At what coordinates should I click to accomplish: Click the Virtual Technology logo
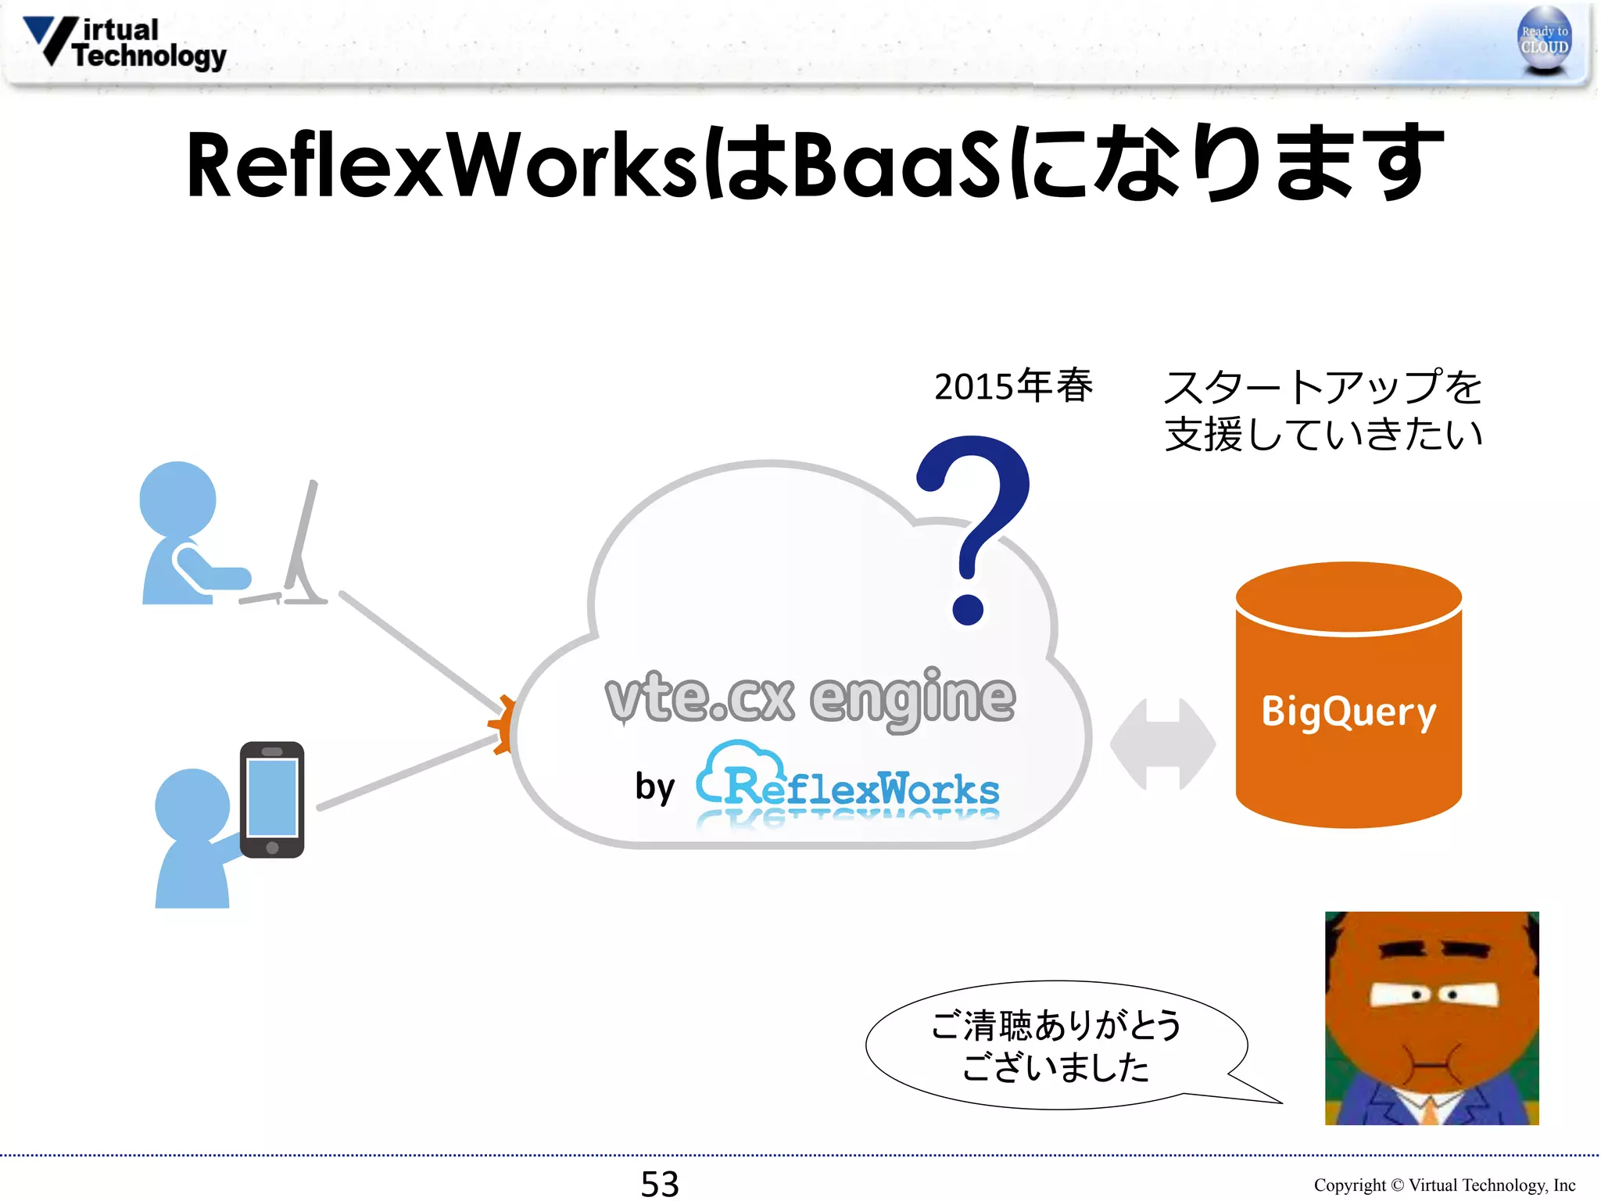pyautogui.click(x=125, y=43)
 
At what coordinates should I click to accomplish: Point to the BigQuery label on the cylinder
pyautogui.click(x=1348, y=712)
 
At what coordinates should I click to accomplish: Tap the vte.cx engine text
pyautogui.click(x=810, y=697)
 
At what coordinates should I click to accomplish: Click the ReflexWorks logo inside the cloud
pyautogui.click(x=848, y=782)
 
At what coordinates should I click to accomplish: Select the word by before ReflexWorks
pyautogui.click(x=654, y=787)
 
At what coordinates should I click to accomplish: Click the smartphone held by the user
pyautogui.click(x=272, y=799)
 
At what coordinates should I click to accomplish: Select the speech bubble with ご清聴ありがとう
pyautogui.click(x=1055, y=1045)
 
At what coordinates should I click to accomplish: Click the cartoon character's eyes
pyautogui.click(x=1434, y=995)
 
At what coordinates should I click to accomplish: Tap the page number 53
pyautogui.click(x=660, y=1183)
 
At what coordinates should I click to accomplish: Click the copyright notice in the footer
pyautogui.click(x=1444, y=1185)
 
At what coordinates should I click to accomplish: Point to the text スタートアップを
pyautogui.click(x=1323, y=387)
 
